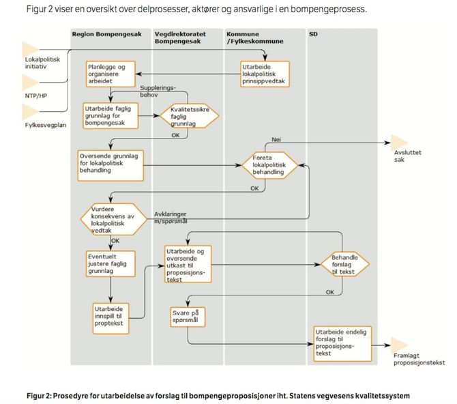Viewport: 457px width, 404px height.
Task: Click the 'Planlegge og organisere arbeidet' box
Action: click(x=110, y=74)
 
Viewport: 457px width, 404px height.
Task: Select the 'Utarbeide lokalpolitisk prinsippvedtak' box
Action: click(x=265, y=74)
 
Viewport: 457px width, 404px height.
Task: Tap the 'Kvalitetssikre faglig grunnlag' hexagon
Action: click(x=190, y=116)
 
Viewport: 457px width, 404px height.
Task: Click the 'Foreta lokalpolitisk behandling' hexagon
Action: click(x=270, y=165)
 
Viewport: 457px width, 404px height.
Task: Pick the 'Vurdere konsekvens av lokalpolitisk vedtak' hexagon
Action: click(x=114, y=219)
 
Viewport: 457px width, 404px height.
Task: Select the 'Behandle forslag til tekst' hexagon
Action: click(x=345, y=264)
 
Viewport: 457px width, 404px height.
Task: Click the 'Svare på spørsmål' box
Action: click(x=188, y=317)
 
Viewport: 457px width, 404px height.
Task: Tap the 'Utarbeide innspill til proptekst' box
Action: click(x=110, y=319)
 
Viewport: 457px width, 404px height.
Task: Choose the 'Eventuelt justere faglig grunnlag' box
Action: click(x=110, y=263)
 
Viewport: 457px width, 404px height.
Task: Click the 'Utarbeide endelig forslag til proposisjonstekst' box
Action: click(x=342, y=344)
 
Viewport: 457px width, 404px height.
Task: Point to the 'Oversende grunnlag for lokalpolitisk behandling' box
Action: click(x=110, y=165)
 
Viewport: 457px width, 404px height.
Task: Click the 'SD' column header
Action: click(x=313, y=34)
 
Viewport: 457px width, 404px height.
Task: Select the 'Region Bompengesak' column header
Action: click(x=106, y=34)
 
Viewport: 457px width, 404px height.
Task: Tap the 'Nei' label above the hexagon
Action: click(x=276, y=139)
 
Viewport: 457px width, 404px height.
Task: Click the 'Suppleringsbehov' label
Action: click(x=158, y=91)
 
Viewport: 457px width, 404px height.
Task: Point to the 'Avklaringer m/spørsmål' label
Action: click(x=171, y=218)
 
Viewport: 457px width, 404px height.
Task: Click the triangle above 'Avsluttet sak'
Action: click(x=399, y=142)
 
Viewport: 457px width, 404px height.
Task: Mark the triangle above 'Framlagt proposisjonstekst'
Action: click(x=399, y=345)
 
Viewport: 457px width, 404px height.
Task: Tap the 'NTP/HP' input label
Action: click(x=36, y=96)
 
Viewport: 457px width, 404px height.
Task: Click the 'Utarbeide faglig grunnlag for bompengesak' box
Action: click(x=110, y=116)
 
